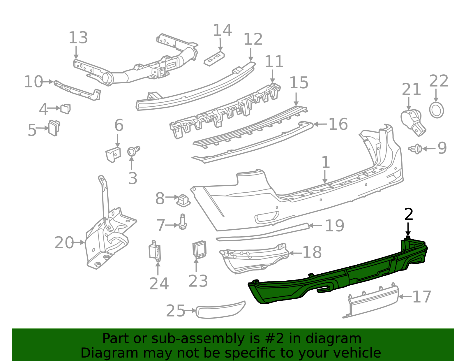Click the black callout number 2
tap(409, 214)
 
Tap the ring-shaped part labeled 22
tap(436, 110)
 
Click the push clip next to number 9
tap(416, 149)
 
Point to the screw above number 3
tap(133, 151)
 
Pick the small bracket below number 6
tap(113, 154)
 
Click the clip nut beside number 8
tap(183, 200)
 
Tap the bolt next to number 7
tap(183, 222)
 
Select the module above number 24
tap(155, 251)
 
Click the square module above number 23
tap(199, 249)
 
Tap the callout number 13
tap(78, 38)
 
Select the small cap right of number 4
tap(66, 108)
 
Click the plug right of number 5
tap(54, 128)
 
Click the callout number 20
tap(64, 242)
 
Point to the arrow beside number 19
tap(315, 225)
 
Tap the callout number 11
tap(274, 61)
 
